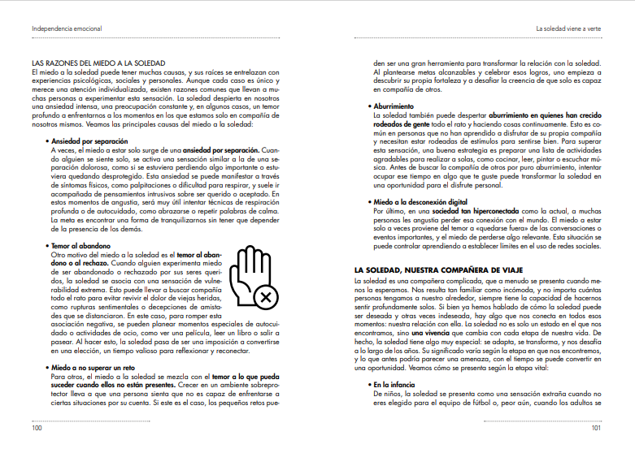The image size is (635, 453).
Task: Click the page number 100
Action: tap(37, 429)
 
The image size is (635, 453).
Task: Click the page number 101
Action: tap(595, 429)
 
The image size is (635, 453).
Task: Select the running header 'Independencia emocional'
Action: tap(62, 28)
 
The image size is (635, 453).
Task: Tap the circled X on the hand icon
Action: tap(265, 300)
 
